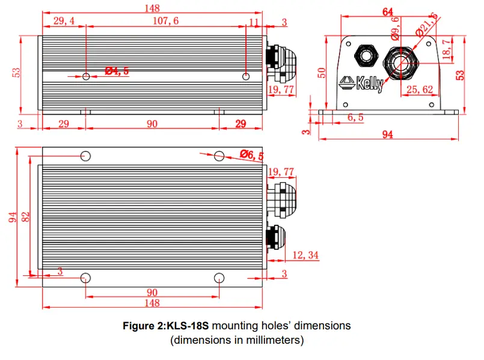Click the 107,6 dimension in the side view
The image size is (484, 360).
[167, 21]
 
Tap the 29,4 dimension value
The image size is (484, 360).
[64, 21]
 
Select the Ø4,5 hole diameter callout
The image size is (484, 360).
[117, 72]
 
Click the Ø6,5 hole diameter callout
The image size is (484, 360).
[252, 156]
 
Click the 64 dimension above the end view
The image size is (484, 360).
[387, 11]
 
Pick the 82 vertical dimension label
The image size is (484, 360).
[26, 216]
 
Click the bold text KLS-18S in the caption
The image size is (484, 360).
[187, 326]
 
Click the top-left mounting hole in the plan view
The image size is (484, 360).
[86, 156]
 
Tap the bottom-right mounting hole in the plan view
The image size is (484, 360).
[219, 278]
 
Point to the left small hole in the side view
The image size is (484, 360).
[87, 76]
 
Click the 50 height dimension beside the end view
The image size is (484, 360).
[322, 73]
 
